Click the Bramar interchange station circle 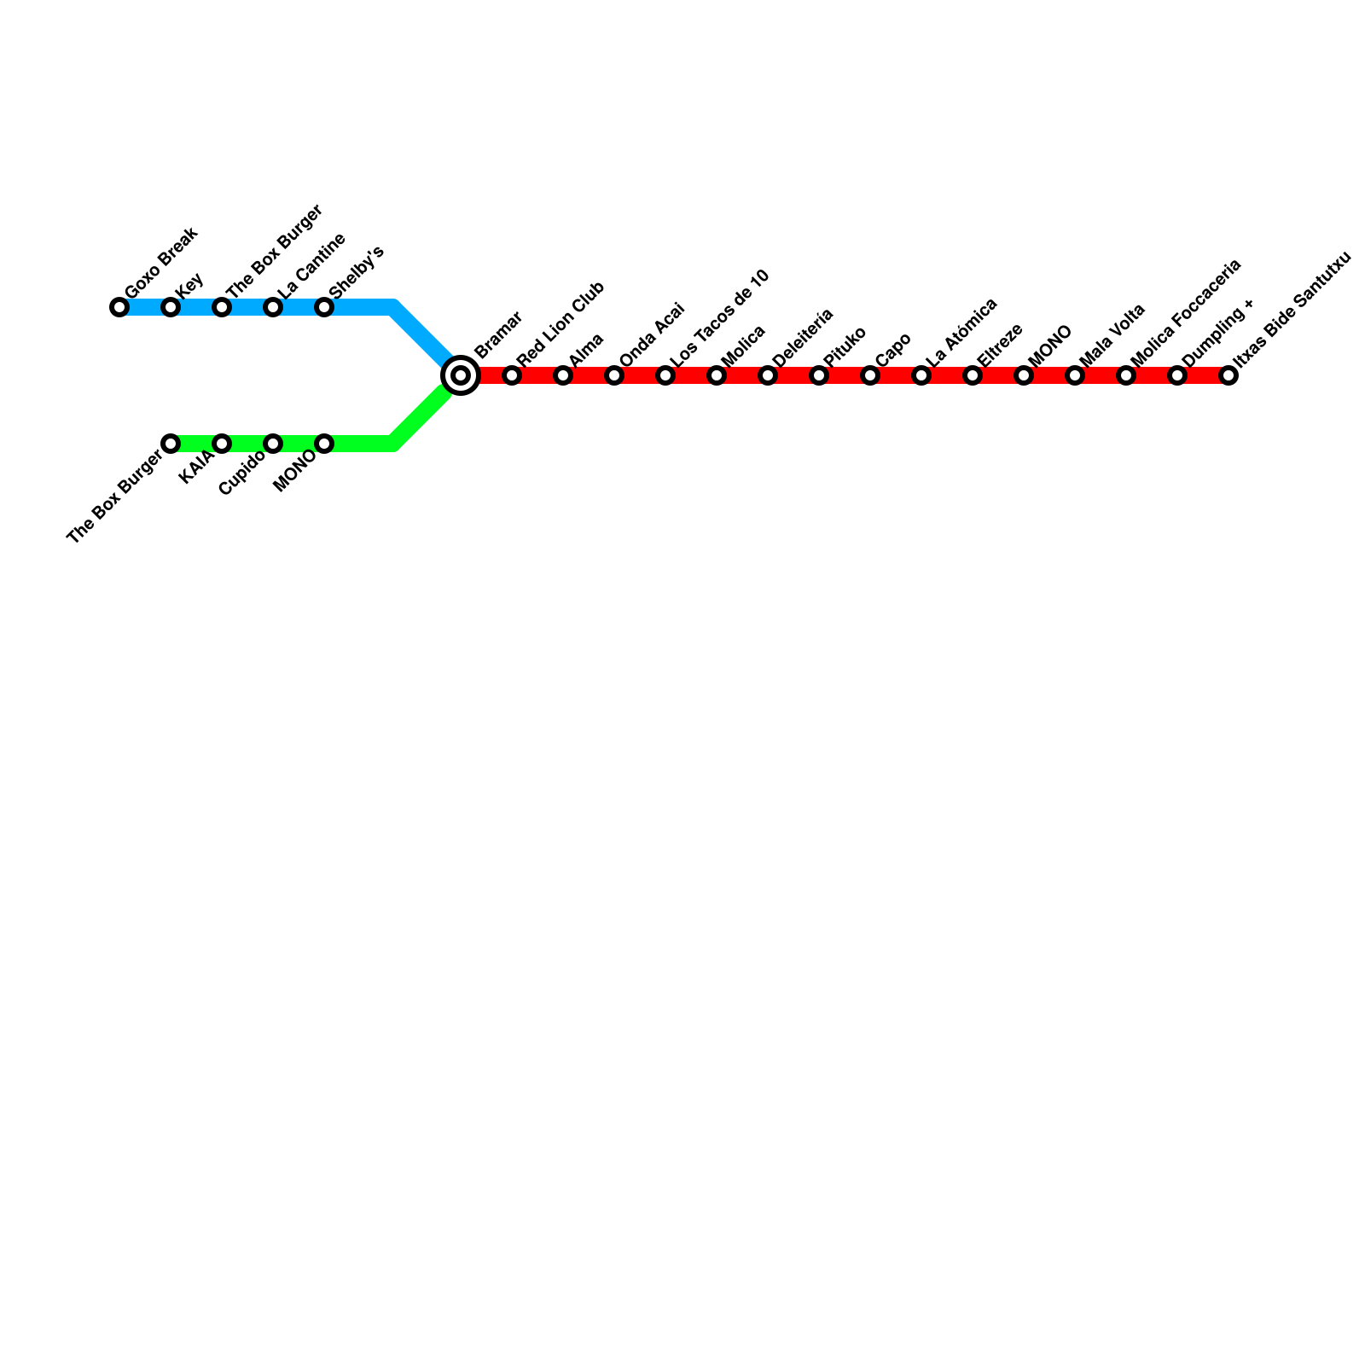[461, 375]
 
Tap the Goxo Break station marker [119, 307]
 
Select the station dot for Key [171, 307]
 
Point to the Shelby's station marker [324, 307]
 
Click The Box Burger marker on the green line [171, 444]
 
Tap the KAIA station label [198, 468]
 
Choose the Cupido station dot [273, 444]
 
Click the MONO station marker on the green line [324, 444]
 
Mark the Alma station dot [563, 375]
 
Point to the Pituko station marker [819, 375]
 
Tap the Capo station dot [870, 375]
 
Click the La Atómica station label [961, 333]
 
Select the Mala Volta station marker [1075, 375]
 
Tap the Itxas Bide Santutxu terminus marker [1228, 375]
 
